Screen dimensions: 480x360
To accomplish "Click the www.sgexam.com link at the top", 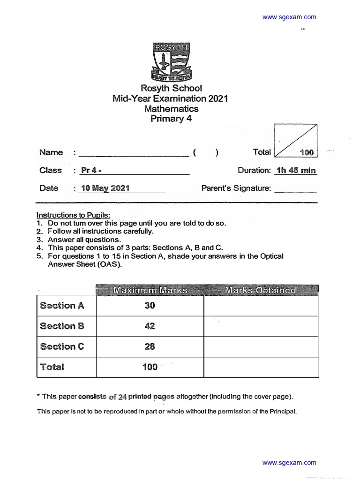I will pyautogui.click(x=289, y=17).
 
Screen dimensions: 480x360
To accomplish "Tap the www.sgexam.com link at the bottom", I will pyautogui.click(x=289, y=463).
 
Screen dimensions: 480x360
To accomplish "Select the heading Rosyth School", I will pyautogui.click(x=171, y=88).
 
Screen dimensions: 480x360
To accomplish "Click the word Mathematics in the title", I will pyautogui.click(x=171, y=109).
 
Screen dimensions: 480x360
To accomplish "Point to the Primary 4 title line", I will pyautogui.click(x=171, y=119).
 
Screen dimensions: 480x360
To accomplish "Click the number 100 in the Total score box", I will pyautogui.click(x=306, y=153).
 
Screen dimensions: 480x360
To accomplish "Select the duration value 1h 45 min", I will pyautogui.click(x=296, y=171).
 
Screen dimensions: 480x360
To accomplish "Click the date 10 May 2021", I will pyautogui.click(x=105, y=188).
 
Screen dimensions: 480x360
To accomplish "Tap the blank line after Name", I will pyautogui.click(x=134, y=153).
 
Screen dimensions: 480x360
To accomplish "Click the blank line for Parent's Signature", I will pyautogui.click(x=295, y=189).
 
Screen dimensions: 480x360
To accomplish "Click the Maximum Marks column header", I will pyautogui.click(x=150, y=291).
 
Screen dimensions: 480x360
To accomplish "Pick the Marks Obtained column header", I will pyautogui.click(x=261, y=291).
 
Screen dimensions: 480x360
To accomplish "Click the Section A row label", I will pyautogui.click(x=62, y=306).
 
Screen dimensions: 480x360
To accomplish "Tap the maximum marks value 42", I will pyautogui.click(x=150, y=326).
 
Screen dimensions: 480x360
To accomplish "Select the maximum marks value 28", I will pyautogui.click(x=150, y=347).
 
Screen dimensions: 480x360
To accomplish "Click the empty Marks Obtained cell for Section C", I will pyautogui.click(x=261, y=347).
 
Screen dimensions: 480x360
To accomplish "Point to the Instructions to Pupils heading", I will pyautogui.click(x=74, y=215).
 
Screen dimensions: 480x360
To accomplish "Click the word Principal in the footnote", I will pyautogui.click(x=281, y=412).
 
